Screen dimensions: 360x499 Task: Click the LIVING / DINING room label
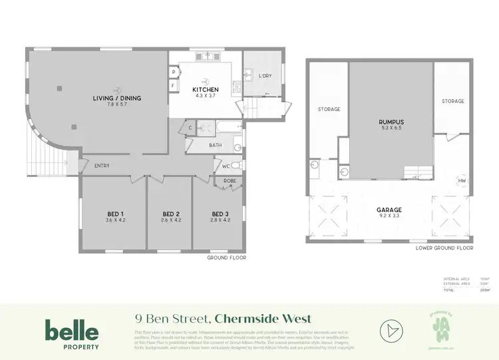click(x=117, y=98)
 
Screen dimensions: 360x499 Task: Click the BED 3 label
click(x=219, y=214)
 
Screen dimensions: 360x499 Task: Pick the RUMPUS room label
click(x=391, y=122)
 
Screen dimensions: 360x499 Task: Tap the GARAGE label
click(x=390, y=210)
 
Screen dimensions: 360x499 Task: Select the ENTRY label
click(x=102, y=166)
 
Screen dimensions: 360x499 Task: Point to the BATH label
click(x=215, y=144)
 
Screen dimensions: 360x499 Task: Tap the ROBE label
click(x=230, y=180)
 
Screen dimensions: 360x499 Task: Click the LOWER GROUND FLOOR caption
click(x=444, y=248)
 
